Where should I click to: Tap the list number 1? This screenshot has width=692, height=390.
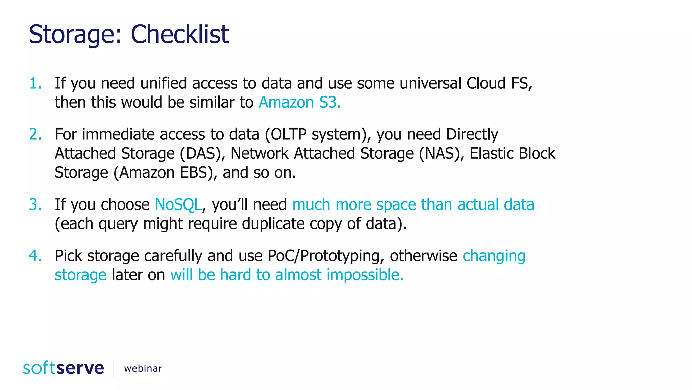click(35, 83)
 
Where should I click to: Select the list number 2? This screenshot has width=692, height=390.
click(35, 134)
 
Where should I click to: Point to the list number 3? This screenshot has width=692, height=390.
click(35, 204)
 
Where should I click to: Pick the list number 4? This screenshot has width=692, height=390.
click(35, 256)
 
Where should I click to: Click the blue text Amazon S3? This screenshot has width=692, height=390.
click(299, 102)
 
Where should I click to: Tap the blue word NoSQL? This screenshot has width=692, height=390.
click(178, 204)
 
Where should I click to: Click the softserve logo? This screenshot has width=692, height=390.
click(64, 368)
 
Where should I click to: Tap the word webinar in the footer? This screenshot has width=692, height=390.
click(143, 368)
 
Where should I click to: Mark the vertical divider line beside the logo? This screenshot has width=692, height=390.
click(113, 369)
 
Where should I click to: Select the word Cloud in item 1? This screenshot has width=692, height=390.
click(486, 83)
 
